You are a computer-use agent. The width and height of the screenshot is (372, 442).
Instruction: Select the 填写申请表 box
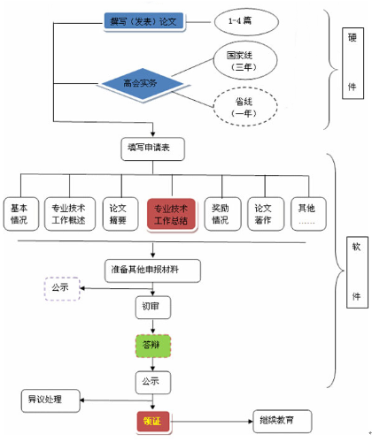[151, 149]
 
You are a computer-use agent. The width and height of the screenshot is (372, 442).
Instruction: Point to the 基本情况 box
[19, 212]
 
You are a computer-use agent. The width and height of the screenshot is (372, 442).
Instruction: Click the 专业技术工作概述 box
[69, 212]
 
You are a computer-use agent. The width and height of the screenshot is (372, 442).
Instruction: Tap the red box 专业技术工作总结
[171, 213]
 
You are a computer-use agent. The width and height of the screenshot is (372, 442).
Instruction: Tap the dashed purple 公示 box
[61, 287]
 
